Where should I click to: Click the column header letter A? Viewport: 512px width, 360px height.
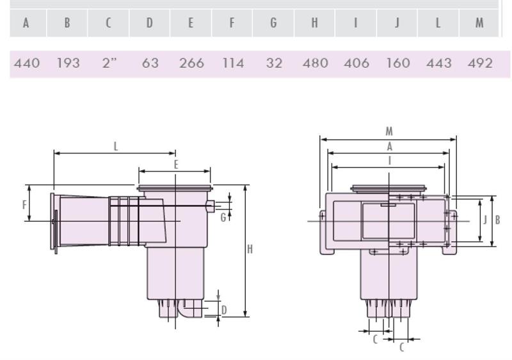26,23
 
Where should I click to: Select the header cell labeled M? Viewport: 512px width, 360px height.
479,23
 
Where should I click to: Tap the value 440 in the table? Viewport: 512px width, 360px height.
27,63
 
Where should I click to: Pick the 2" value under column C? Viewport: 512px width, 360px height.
109,63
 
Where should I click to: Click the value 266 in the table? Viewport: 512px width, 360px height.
191,63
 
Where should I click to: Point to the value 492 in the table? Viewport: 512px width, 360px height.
480,63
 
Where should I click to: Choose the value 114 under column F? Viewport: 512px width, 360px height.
233,63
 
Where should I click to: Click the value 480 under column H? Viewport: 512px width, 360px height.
315,63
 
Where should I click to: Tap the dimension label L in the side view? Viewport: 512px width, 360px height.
116,146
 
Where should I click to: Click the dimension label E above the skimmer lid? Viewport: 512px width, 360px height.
176,164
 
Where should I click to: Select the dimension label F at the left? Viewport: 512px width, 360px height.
24,205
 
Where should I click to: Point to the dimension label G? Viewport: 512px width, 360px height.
223,217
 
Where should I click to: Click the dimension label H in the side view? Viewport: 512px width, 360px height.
250,249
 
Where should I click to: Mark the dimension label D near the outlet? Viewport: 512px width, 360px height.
224,310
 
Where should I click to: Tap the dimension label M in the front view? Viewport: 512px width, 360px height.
389,132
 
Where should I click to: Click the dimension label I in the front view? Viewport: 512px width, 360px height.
389,161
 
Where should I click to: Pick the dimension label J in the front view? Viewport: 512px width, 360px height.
485,220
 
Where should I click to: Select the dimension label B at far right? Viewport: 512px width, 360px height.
498,220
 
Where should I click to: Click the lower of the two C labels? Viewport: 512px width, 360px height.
402,347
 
